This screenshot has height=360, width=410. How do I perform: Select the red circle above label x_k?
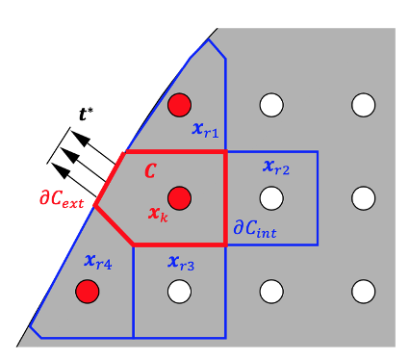click(x=180, y=198)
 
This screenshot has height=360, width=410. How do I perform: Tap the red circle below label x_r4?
click(x=89, y=289)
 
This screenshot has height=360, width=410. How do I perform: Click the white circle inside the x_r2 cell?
click(x=271, y=198)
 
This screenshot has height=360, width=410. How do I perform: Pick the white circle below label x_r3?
click(x=180, y=289)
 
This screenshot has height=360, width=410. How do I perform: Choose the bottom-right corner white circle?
click(x=363, y=289)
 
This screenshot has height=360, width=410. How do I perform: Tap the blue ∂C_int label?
click(x=255, y=229)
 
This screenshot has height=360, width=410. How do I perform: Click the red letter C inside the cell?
click(x=150, y=171)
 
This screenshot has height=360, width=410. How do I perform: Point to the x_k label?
click(x=159, y=213)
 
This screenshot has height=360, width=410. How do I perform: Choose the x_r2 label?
click(x=276, y=167)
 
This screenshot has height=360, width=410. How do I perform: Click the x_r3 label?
click(x=181, y=262)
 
